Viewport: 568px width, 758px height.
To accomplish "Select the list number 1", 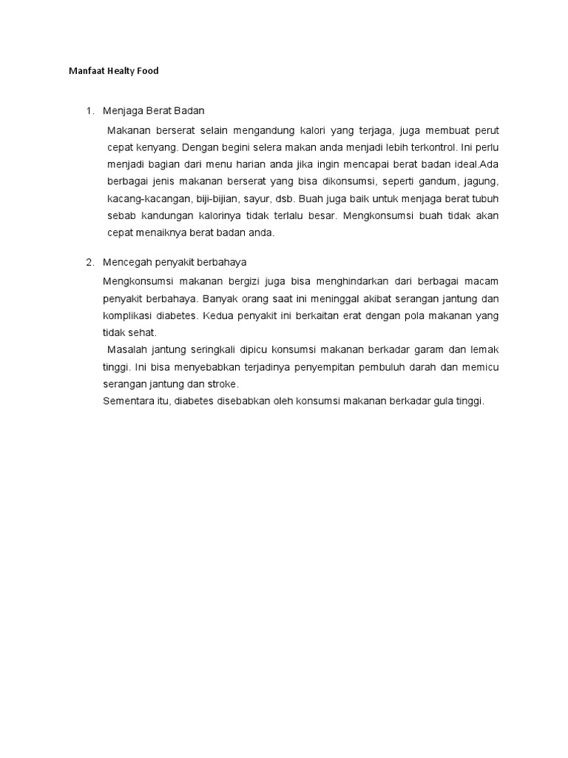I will pyautogui.click(x=89, y=111).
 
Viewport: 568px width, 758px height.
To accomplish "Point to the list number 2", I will pyautogui.click(x=89, y=262).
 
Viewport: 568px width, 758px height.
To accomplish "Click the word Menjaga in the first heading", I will pyautogui.click(x=122, y=111).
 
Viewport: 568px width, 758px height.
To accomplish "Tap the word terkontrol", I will pyautogui.click(x=427, y=147).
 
